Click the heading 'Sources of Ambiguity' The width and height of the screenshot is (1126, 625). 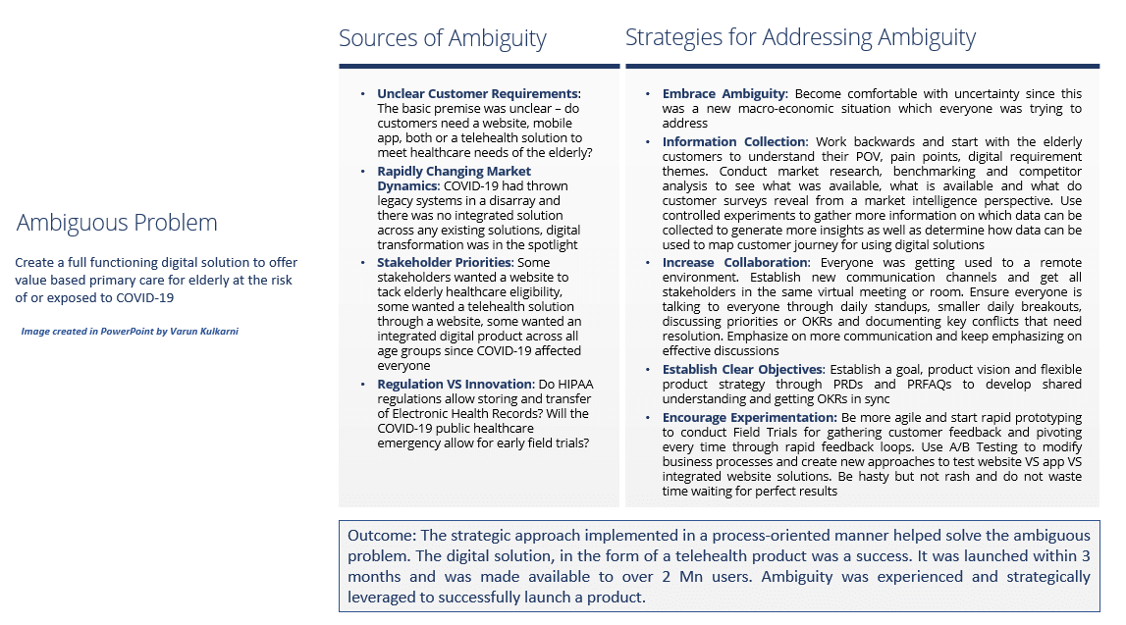442,39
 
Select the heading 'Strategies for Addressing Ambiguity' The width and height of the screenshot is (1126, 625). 800,38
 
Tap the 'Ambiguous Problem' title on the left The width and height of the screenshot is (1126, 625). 117,223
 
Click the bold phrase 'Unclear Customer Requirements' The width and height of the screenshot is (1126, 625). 477,94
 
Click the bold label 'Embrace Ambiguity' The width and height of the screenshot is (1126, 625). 724,94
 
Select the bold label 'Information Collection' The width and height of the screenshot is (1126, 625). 733,142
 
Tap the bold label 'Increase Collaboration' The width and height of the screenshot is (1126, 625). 734,263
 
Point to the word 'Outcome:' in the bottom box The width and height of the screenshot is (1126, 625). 379,536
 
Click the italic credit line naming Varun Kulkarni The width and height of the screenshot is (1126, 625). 129,332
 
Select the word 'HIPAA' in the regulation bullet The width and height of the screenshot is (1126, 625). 568,384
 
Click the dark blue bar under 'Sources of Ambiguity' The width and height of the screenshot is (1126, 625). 479,66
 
